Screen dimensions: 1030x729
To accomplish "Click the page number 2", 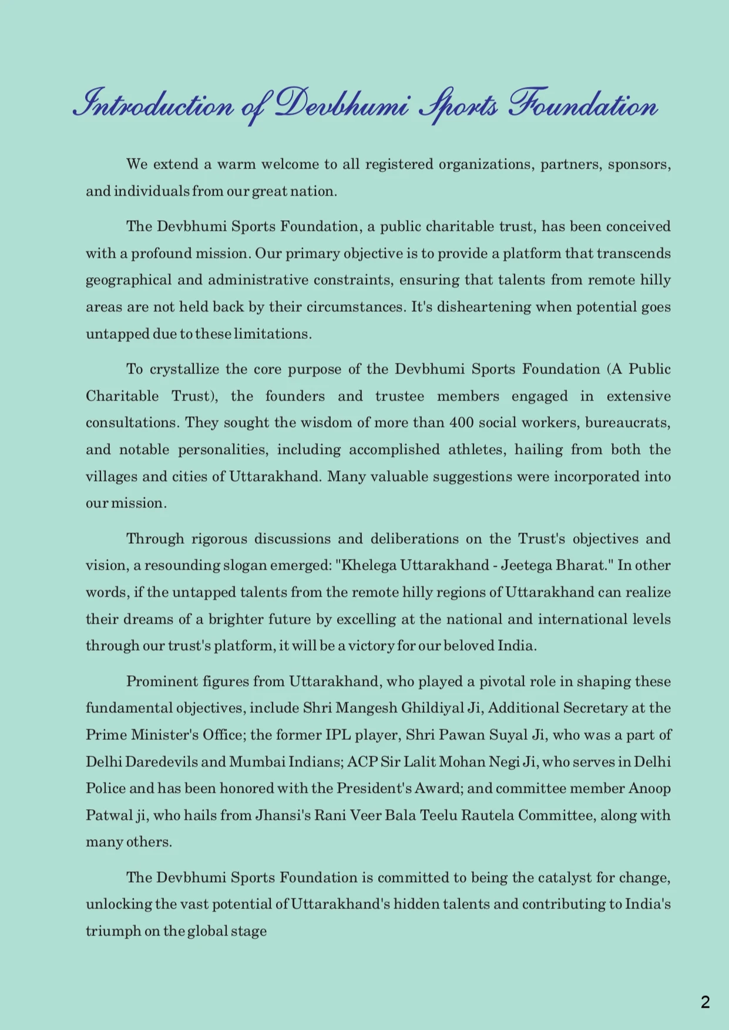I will (x=706, y=1002).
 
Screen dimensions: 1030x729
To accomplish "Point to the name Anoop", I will (x=650, y=788).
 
